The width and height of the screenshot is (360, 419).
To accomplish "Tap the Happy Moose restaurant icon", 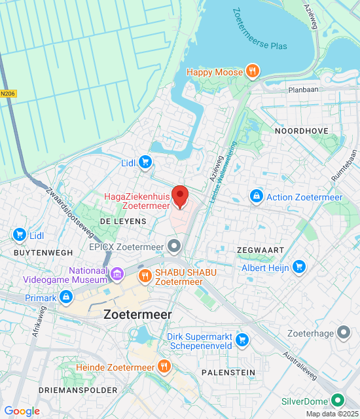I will [252, 71].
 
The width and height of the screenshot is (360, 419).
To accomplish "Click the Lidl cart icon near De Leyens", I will [145, 162].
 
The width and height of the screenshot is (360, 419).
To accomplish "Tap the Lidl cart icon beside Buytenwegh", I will [19, 235].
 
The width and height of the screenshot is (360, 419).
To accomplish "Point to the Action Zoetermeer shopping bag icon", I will [256, 196].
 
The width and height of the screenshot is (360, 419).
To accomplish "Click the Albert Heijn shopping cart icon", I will [299, 266].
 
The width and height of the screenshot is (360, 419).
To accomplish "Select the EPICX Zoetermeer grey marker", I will [174, 247].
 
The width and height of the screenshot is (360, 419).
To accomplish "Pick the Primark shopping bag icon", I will [66, 298].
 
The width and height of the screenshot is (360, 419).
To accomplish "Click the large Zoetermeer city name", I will [137, 314].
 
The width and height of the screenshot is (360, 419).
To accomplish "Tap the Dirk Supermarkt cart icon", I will [242, 339].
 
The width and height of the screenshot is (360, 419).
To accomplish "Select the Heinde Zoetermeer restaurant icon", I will [164, 367].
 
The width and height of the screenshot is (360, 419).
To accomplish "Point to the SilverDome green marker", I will [338, 399].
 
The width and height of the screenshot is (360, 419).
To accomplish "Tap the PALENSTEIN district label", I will [228, 372].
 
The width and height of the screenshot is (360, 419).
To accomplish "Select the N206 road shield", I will [7, 94].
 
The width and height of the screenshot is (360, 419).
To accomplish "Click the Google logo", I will [22, 411].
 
